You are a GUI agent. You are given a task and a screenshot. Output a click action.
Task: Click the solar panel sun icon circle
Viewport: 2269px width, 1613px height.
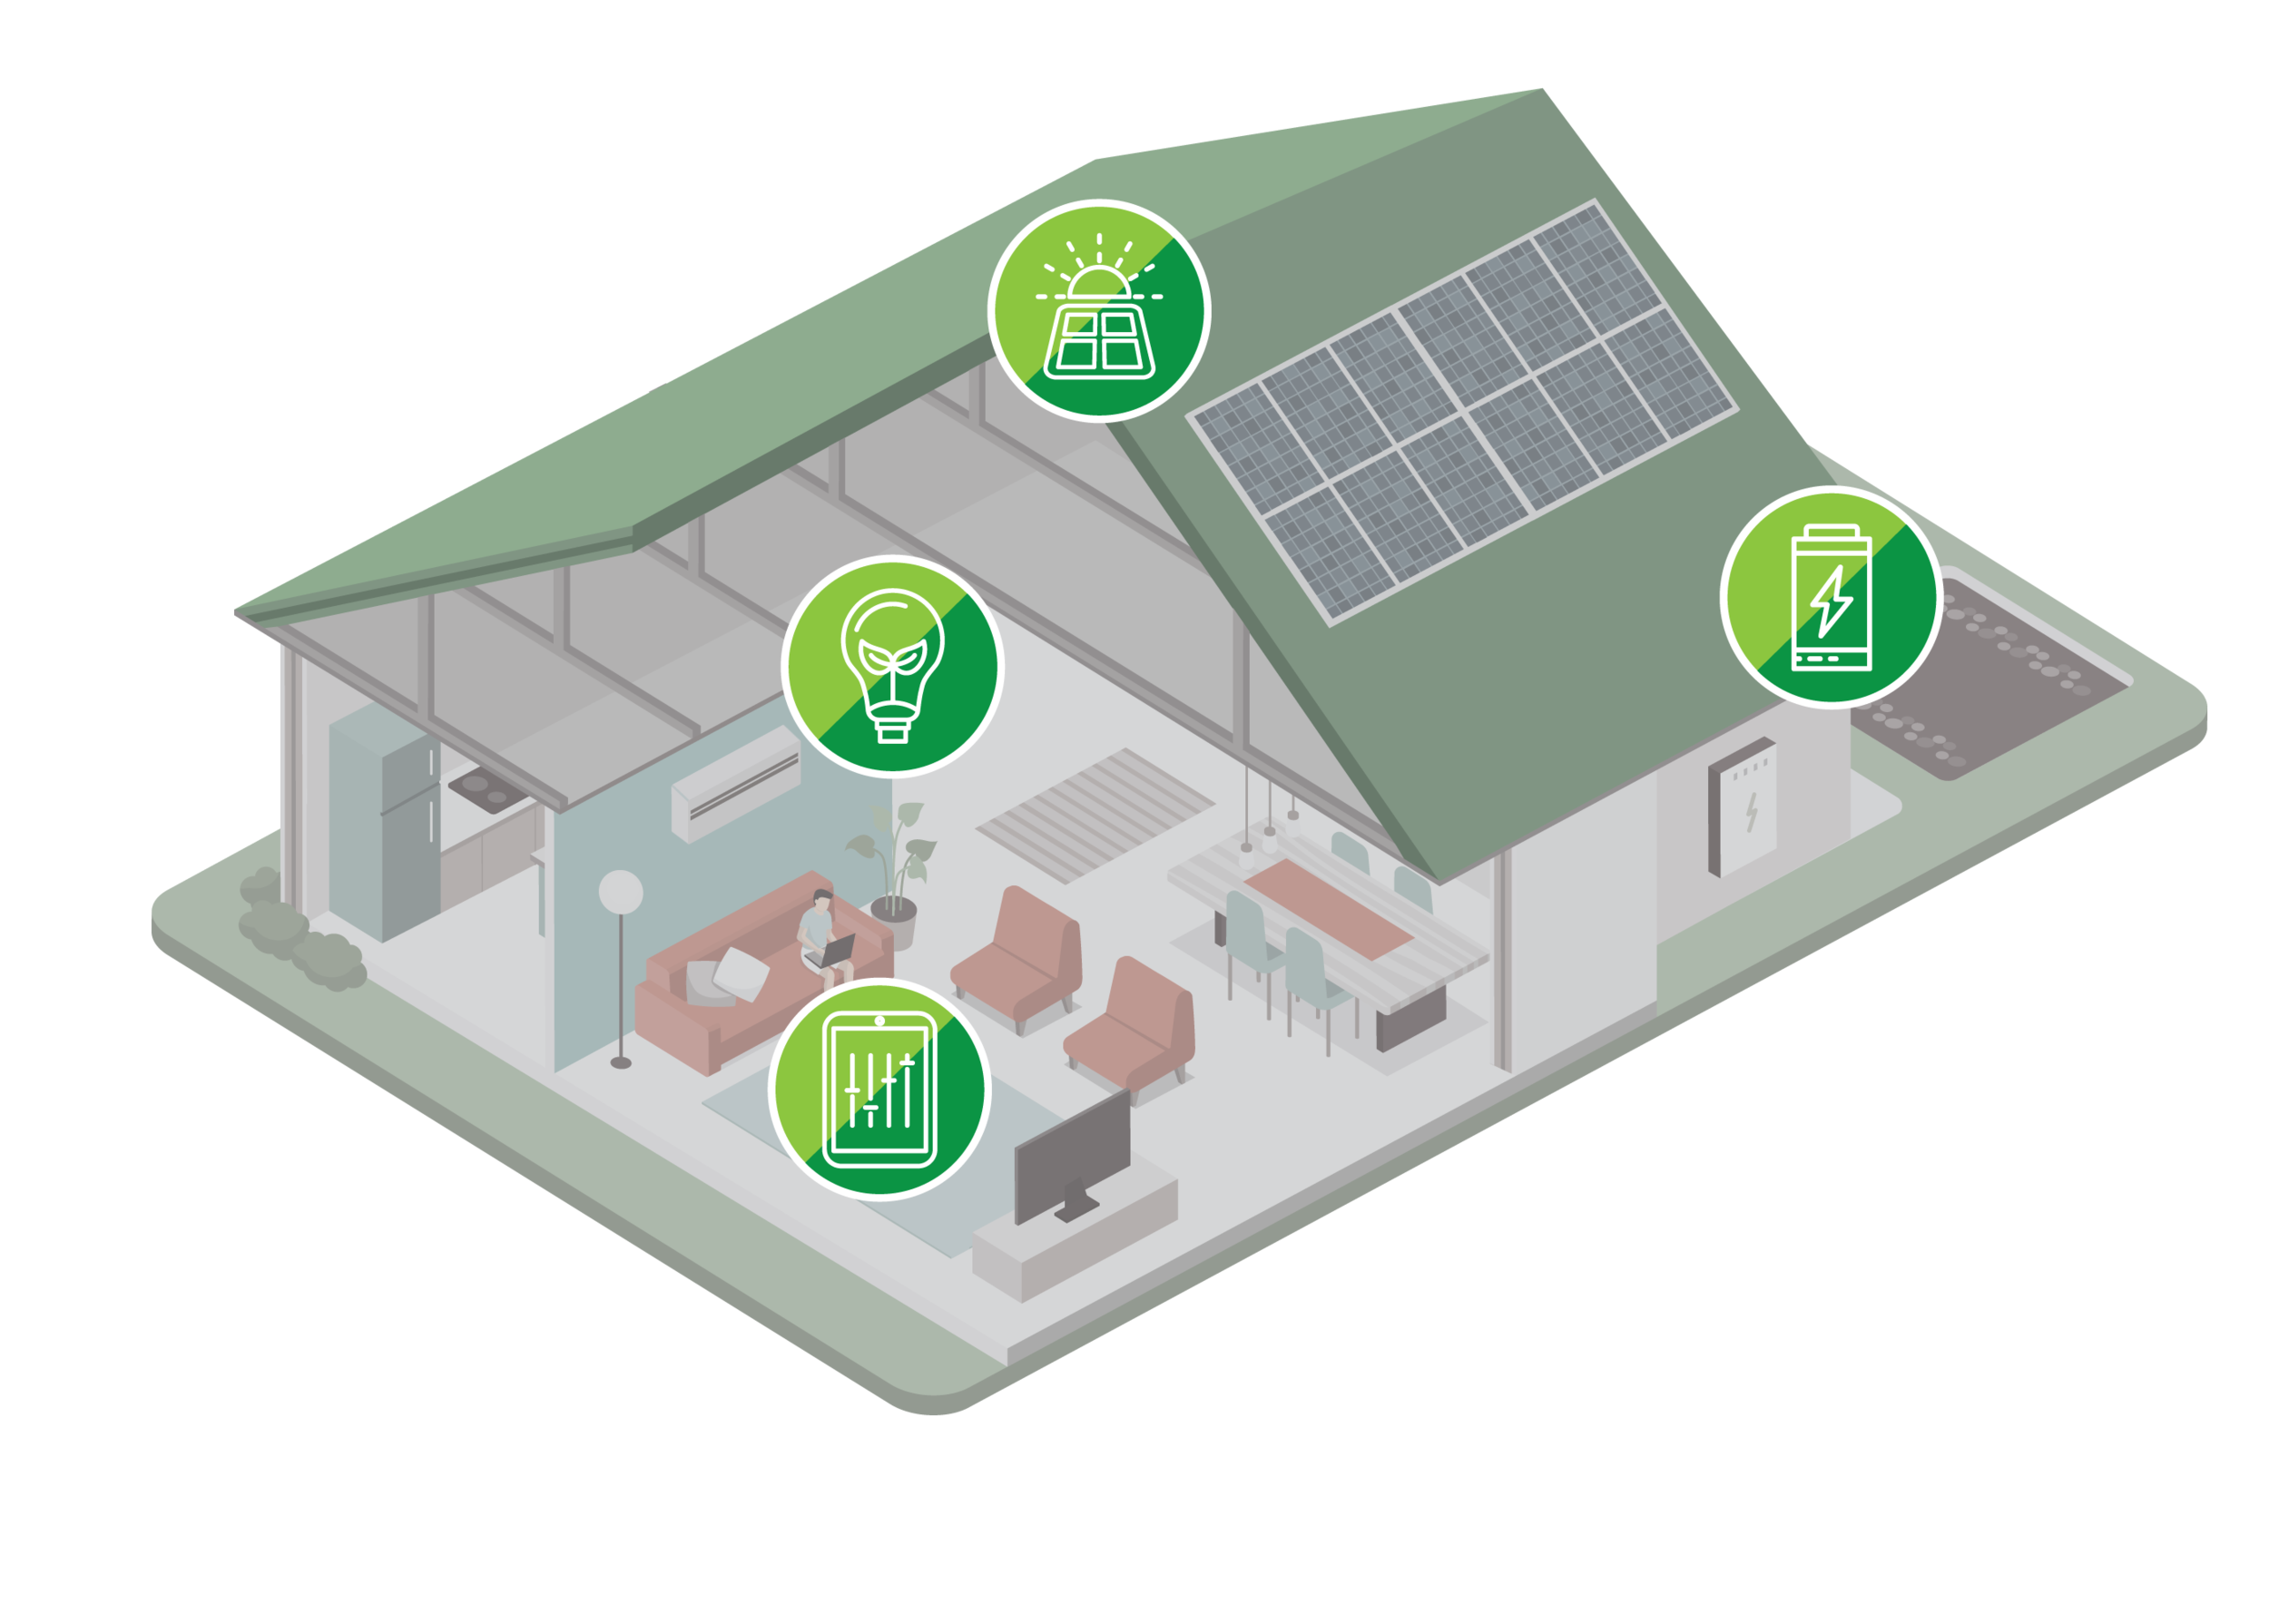pos(1099,310)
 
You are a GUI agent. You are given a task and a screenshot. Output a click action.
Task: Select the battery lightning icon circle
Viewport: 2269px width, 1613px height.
pos(1830,596)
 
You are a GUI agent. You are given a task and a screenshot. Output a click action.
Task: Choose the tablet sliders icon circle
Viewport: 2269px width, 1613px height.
pos(880,1089)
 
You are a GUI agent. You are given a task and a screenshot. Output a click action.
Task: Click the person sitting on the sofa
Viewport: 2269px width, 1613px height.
pos(819,929)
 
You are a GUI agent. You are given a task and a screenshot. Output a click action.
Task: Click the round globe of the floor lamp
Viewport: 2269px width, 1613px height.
pos(622,891)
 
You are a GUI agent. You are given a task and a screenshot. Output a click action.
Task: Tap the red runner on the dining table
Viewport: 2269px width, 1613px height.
pos(1326,904)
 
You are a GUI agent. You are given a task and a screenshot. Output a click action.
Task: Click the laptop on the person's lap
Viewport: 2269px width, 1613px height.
pos(834,951)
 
